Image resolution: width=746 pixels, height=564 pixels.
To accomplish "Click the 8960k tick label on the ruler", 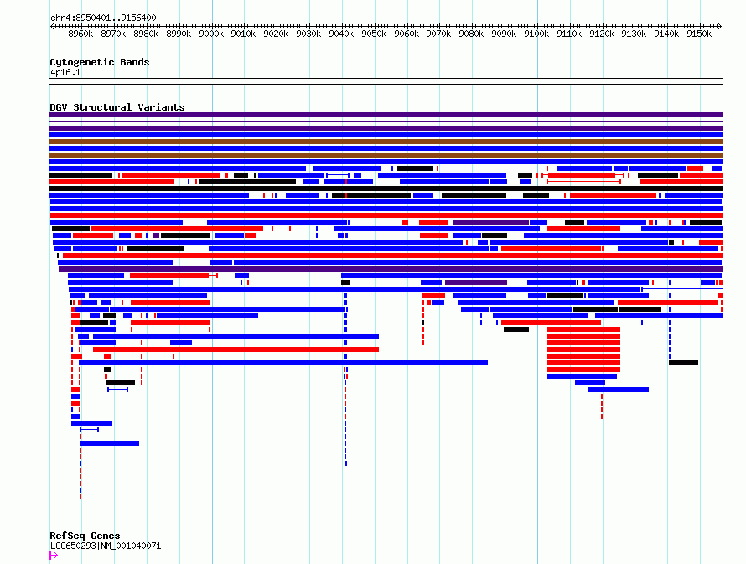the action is tap(80, 34).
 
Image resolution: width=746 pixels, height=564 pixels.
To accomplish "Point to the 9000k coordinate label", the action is tap(211, 34).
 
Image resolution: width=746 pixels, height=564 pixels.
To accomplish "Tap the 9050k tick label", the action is tap(374, 34).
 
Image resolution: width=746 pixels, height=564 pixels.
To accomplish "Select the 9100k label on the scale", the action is tap(536, 34).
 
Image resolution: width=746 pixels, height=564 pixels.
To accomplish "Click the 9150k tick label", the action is tap(699, 34).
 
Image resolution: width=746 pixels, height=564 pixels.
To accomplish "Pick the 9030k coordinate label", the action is tap(308, 34).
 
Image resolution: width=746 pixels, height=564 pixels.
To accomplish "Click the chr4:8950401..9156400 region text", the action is tap(103, 18).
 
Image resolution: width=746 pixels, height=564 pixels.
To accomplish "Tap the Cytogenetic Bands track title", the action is tap(100, 62).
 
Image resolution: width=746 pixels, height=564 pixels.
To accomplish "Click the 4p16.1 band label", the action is tap(65, 72).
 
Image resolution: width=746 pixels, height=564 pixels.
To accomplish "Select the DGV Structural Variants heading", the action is tap(117, 107).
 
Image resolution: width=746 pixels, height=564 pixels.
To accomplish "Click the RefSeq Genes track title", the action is tap(85, 536).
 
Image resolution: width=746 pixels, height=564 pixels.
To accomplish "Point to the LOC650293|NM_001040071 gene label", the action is tap(106, 546).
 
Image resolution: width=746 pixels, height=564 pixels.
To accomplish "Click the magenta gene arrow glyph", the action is tap(54, 556).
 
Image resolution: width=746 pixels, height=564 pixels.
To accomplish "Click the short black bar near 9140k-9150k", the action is tap(683, 363).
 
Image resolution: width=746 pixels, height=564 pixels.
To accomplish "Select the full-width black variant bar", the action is tap(386, 189).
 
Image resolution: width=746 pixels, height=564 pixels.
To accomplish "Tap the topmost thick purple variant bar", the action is tap(386, 115).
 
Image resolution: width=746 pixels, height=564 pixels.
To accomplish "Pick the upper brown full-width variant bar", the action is tap(386, 142).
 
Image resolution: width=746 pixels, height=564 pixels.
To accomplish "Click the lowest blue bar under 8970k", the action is tap(110, 443).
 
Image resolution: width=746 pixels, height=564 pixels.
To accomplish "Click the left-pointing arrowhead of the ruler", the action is tap(52, 27).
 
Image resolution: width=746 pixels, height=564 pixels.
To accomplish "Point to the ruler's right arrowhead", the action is tap(719, 27).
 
